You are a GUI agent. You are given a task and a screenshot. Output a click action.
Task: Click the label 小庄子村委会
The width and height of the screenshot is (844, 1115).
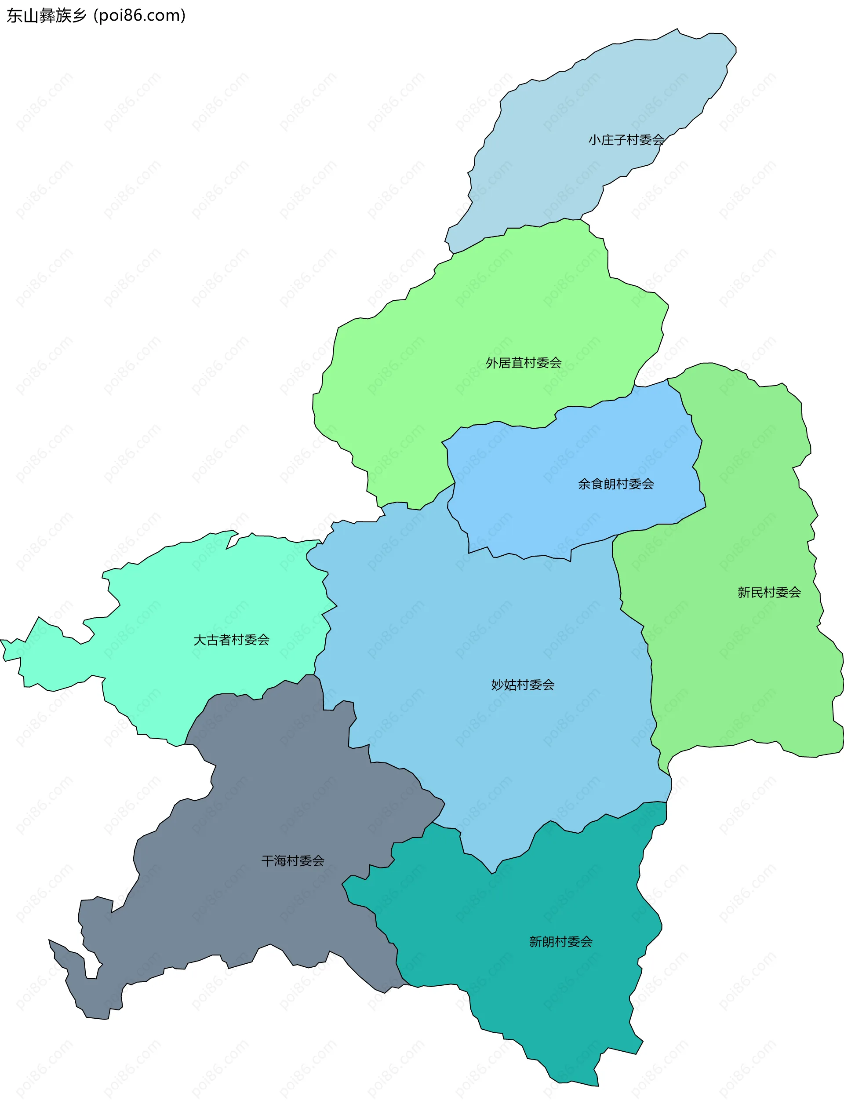tap(626, 140)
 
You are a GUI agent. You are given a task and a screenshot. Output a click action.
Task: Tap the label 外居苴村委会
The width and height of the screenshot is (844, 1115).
tap(524, 363)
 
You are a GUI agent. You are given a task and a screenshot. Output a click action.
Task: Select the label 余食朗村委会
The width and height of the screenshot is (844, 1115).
tap(616, 484)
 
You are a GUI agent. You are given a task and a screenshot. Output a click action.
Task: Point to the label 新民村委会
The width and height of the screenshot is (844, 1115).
tap(769, 592)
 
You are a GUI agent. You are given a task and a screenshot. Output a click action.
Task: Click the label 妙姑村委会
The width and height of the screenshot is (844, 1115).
tap(523, 685)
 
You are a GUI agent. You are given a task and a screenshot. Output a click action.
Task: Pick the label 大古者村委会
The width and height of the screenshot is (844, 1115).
tap(231, 640)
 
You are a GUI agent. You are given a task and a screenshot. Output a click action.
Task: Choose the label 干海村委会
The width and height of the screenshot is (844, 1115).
tap(293, 860)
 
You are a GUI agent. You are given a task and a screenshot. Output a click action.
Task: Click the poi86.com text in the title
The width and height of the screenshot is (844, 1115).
tap(140, 16)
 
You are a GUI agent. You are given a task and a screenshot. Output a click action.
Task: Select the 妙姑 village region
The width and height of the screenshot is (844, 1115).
tap(479, 630)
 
